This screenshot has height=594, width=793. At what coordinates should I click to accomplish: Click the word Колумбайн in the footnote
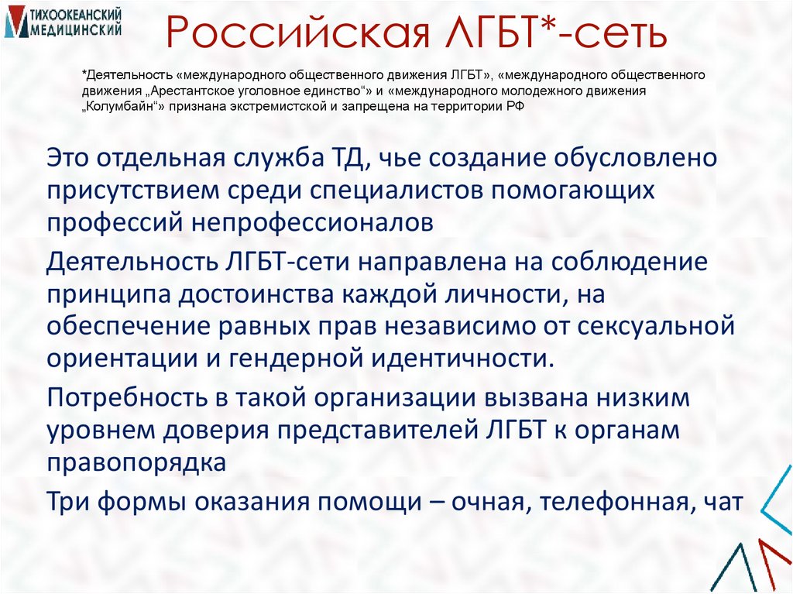[124, 107]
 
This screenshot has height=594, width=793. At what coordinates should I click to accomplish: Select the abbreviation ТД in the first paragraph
[337, 158]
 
